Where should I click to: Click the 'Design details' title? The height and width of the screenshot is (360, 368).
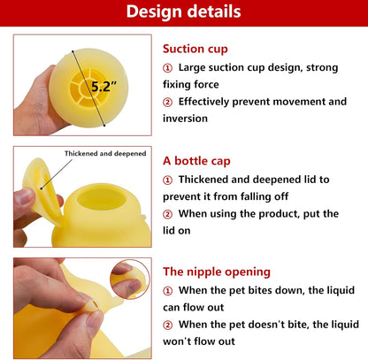[x=183, y=12]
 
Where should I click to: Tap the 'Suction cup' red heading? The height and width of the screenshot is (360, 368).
[x=195, y=50]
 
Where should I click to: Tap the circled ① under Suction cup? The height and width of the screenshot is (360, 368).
[x=168, y=67]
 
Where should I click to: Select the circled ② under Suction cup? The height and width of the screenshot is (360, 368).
[x=168, y=102]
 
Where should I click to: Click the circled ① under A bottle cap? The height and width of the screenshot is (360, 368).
[x=168, y=180]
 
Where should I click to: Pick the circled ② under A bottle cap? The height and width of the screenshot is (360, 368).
[x=168, y=214]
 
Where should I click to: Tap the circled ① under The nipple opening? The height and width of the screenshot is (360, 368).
[x=168, y=290]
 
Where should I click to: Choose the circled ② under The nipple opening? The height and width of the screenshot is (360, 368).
[x=168, y=325]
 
